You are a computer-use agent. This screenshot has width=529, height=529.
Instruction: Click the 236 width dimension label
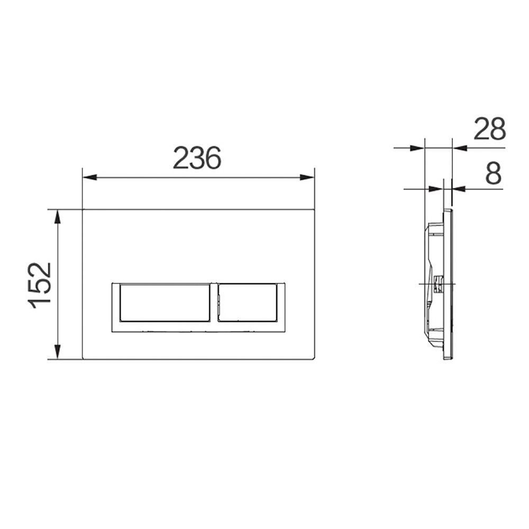tap(197, 158)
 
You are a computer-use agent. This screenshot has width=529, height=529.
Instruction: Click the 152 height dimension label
tap(41, 286)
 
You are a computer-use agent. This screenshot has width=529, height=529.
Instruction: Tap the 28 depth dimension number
tap(490, 129)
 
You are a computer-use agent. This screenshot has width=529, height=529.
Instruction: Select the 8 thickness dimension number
tap(493, 173)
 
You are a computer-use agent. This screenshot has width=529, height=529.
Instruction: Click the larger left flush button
tap(165, 303)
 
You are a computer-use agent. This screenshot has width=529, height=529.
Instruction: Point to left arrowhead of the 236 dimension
tap(90, 177)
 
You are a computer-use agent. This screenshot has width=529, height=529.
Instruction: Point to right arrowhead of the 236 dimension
tap(307, 177)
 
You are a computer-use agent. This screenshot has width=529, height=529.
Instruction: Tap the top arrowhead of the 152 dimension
tap(58, 217)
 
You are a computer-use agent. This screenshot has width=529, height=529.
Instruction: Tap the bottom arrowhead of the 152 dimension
tap(58, 352)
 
